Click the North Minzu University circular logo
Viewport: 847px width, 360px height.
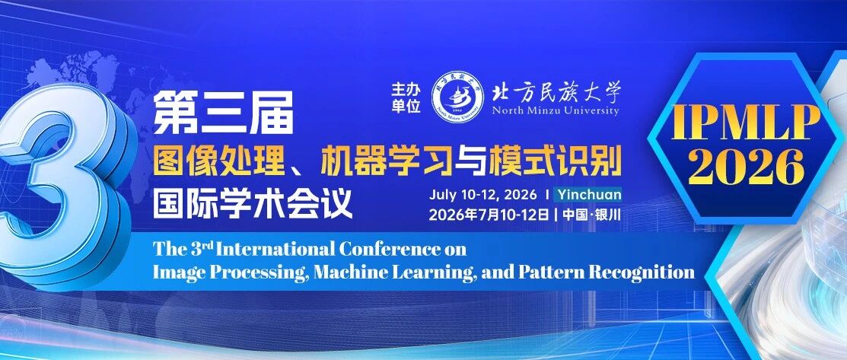pos(457,96)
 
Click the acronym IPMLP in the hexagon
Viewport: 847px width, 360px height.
pos(746,123)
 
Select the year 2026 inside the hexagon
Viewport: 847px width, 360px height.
pos(746,166)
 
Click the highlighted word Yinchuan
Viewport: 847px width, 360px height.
pos(589,194)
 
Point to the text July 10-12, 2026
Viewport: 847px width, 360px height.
pos(483,195)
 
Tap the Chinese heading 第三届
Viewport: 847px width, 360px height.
pos(223,113)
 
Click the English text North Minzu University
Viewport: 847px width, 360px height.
pos(556,111)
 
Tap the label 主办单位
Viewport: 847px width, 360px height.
pos(406,97)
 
